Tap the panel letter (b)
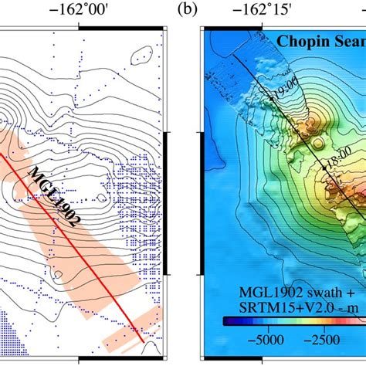click(x=186, y=11)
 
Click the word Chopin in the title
click(x=303, y=40)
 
